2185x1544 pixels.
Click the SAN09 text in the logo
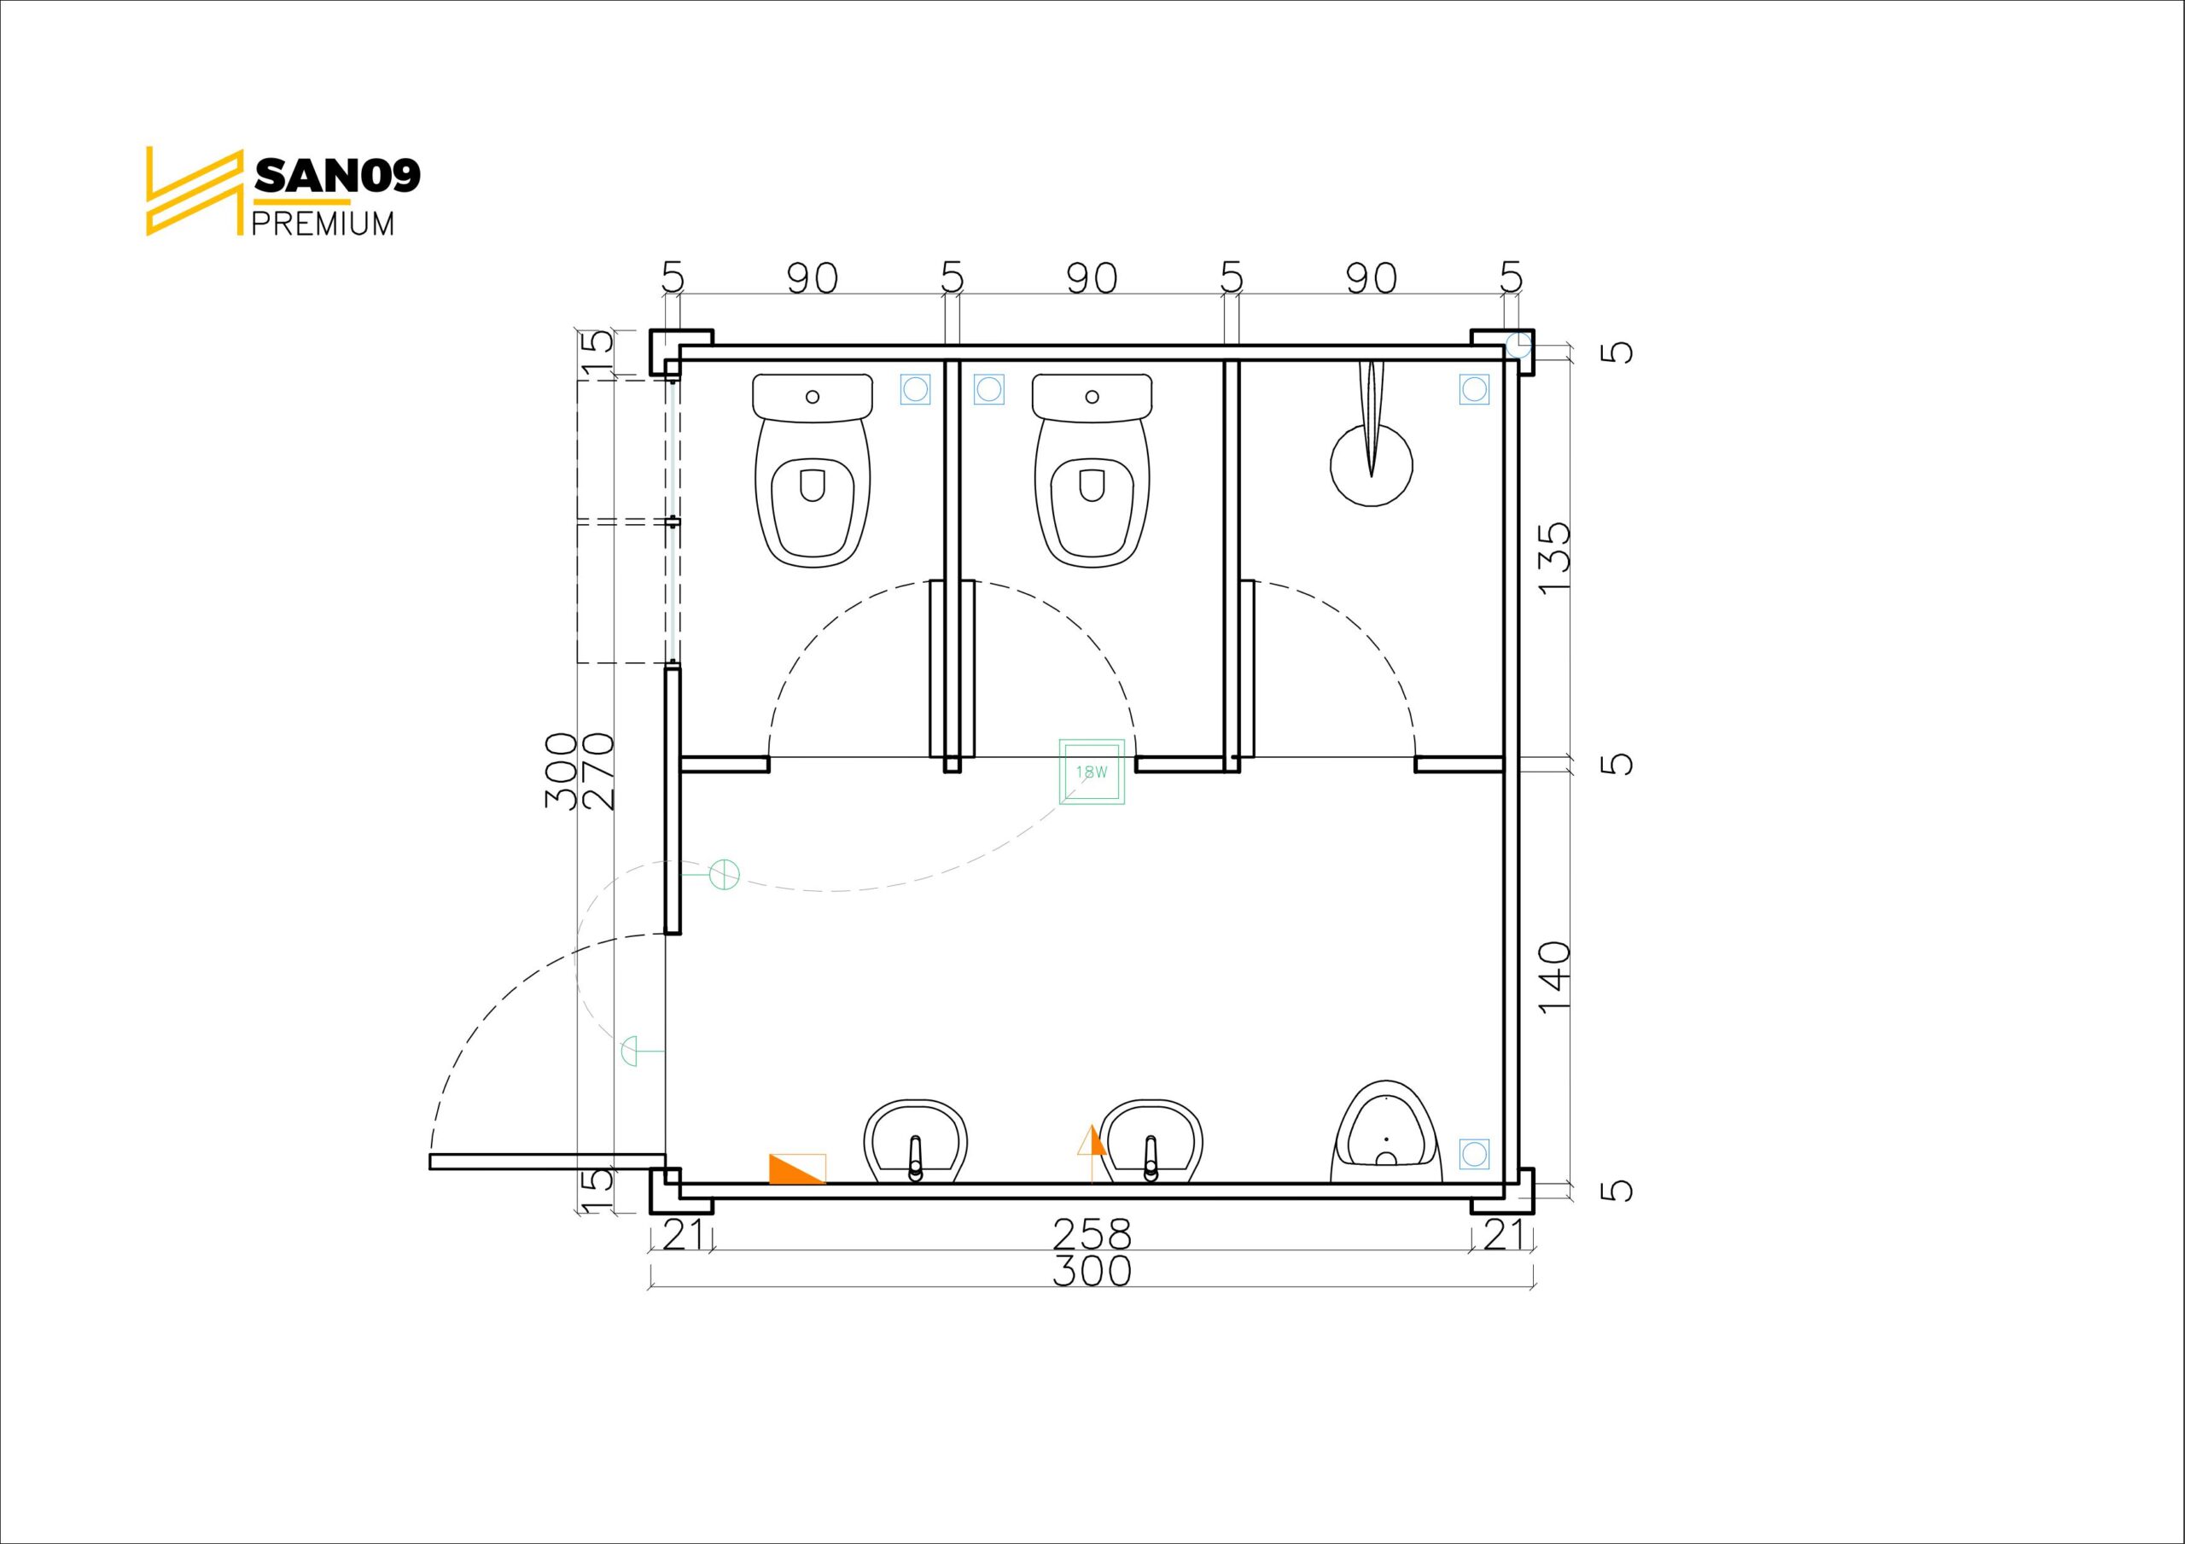pos(337,175)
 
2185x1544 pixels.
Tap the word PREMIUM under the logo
pos(323,224)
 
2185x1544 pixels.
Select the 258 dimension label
pos(1092,1235)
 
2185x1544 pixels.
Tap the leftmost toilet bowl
pos(813,471)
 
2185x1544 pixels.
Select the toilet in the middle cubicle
pos(1092,471)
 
